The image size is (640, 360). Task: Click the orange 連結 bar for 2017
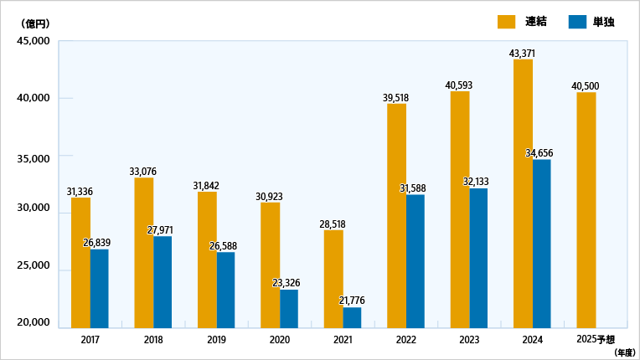[80, 262]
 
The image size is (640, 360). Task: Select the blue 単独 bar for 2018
[163, 281]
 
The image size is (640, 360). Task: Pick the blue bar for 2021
[352, 317]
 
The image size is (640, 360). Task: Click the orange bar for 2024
[523, 193]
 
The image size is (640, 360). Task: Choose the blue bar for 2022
[415, 260]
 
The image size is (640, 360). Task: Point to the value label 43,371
[522, 54]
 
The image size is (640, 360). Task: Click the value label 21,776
[351, 301]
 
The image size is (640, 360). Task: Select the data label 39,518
[395, 97]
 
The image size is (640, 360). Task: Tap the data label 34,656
[539, 153]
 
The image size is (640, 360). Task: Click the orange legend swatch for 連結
[507, 22]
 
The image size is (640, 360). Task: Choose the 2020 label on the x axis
[279, 339]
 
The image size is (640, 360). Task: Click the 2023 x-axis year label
[468, 339]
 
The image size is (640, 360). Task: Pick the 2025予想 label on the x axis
[596, 339]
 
